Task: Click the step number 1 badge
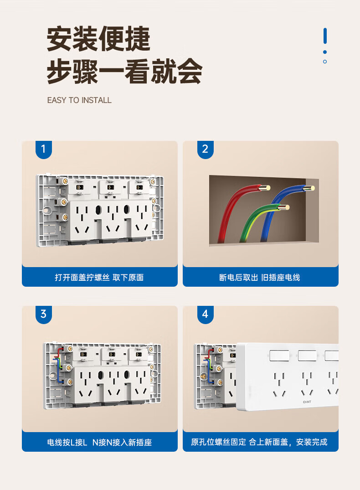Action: pyautogui.click(x=43, y=149)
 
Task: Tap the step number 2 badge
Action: pyautogui.click(x=206, y=149)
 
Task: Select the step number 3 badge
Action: pyautogui.click(x=43, y=314)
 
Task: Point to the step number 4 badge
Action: pyautogui.click(x=206, y=314)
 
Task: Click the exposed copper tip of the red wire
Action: pyautogui.click(x=265, y=188)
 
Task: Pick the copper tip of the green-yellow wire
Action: pyautogui.click(x=284, y=207)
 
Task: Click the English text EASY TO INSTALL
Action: pyautogui.click(x=79, y=100)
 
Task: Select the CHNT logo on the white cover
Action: pyautogui.click(x=307, y=402)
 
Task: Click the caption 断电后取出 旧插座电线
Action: pyautogui.click(x=260, y=278)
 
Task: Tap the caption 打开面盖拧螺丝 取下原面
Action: pyautogui.click(x=99, y=278)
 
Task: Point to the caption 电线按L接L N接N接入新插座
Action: pyautogui.click(x=99, y=443)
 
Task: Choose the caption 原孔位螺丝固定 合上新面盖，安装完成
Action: pyautogui.click(x=259, y=442)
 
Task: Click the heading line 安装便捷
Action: pyautogui.click(x=99, y=39)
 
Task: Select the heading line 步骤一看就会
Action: pyautogui.click(x=125, y=71)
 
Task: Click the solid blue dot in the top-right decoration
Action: pyautogui.click(x=325, y=52)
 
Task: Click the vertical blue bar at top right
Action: pyautogui.click(x=325, y=36)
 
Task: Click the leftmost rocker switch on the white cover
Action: pyautogui.click(x=279, y=356)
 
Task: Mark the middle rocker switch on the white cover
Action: pyautogui.click(x=308, y=356)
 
